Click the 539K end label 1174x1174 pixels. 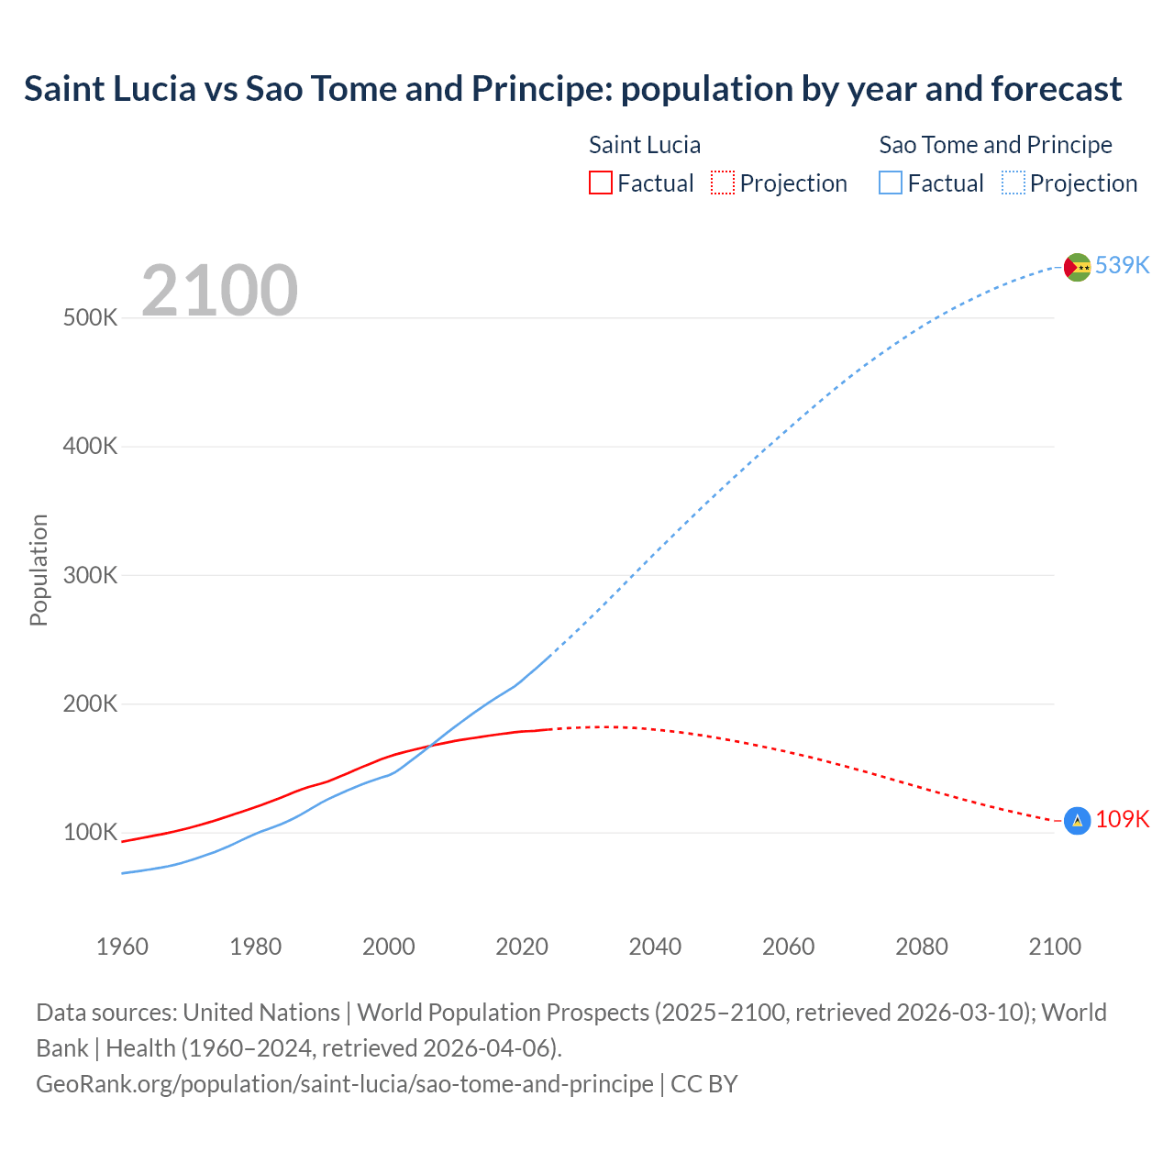(1122, 265)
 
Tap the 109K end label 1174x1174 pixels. (1122, 819)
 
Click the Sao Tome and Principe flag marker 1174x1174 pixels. (1077, 267)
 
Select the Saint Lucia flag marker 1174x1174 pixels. (1077, 821)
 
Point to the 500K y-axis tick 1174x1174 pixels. (91, 318)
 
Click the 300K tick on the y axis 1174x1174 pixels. (91, 575)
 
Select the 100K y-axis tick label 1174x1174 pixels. (91, 833)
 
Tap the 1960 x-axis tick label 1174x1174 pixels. (122, 947)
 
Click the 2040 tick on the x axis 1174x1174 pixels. (655, 947)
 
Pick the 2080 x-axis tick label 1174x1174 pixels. (921, 947)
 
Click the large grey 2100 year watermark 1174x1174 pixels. (219, 291)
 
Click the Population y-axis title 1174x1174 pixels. (39, 570)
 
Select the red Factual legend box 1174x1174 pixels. (600, 183)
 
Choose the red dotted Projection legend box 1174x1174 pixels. (723, 183)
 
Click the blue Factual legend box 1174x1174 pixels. (890, 183)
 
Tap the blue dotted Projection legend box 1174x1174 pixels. (1013, 183)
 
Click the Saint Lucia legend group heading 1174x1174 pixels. (644, 145)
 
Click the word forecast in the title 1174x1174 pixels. (1056, 89)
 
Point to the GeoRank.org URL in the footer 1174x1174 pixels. (345, 1083)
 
